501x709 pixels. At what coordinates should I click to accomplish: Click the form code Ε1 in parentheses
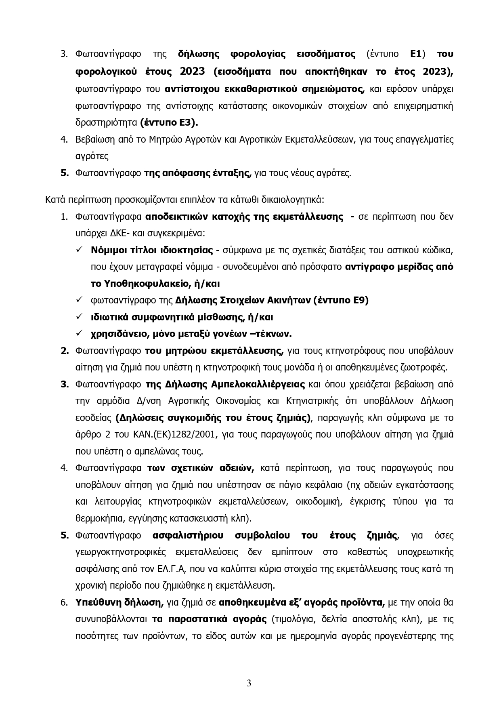click(x=415, y=54)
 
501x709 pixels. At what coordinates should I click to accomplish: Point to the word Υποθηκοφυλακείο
click(x=147, y=284)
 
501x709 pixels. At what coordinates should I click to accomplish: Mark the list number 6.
click(x=64, y=603)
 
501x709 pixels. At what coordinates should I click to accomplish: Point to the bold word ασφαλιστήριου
click(x=188, y=536)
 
